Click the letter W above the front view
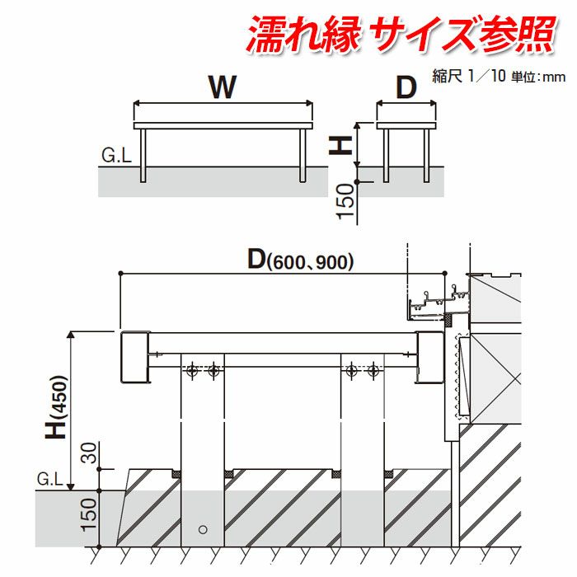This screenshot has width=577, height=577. (x=223, y=87)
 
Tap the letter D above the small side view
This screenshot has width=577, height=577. (x=406, y=87)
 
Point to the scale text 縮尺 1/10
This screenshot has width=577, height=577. (x=466, y=76)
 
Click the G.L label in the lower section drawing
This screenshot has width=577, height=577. (x=50, y=479)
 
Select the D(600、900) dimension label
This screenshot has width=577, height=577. (x=301, y=260)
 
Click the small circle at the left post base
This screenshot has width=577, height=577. (x=203, y=528)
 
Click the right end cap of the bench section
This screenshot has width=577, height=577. (x=431, y=356)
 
